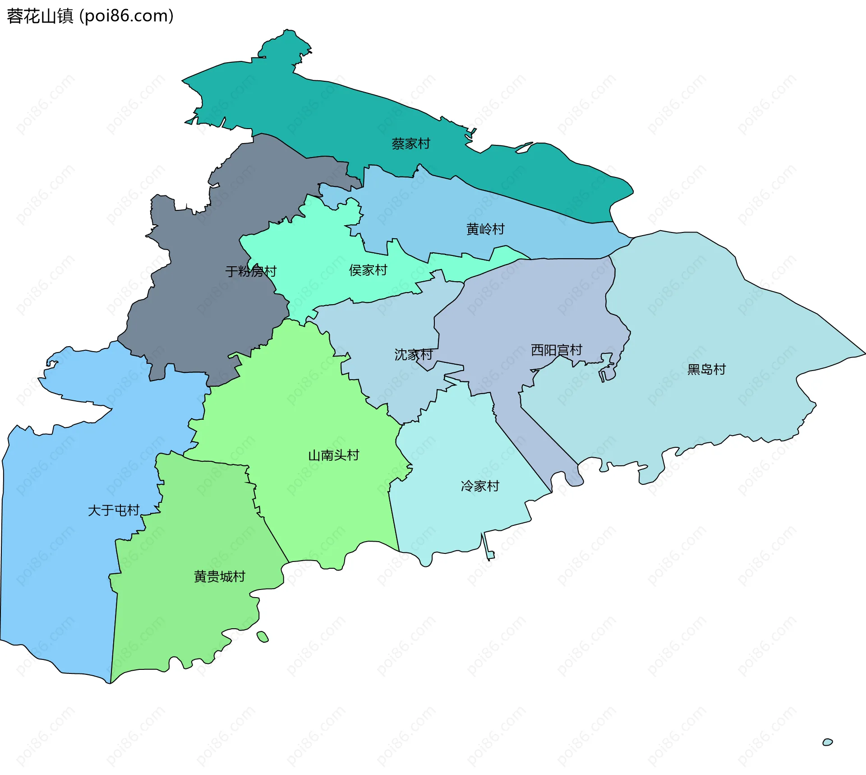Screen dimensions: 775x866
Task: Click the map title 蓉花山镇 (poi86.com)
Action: (x=90, y=16)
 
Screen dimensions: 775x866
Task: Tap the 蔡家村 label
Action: (x=411, y=144)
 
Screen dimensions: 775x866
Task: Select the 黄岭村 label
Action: (x=485, y=229)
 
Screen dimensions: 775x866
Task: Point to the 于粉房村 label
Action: (x=251, y=271)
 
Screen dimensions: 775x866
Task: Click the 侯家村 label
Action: (x=368, y=270)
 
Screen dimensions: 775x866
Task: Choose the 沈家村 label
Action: (x=414, y=355)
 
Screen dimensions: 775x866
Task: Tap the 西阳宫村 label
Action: (x=557, y=350)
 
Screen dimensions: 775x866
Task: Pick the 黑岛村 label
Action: (x=706, y=370)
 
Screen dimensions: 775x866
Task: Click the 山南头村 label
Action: (x=334, y=455)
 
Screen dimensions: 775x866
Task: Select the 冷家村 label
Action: (x=480, y=486)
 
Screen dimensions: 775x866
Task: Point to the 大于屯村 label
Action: (x=114, y=510)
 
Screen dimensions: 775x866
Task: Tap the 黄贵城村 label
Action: (x=220, y=577)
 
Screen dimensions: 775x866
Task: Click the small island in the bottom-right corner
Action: (x=828, y=742)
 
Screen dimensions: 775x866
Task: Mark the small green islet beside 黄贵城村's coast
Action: (x=263, y=637)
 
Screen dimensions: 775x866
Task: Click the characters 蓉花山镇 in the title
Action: (x=40, y=16)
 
